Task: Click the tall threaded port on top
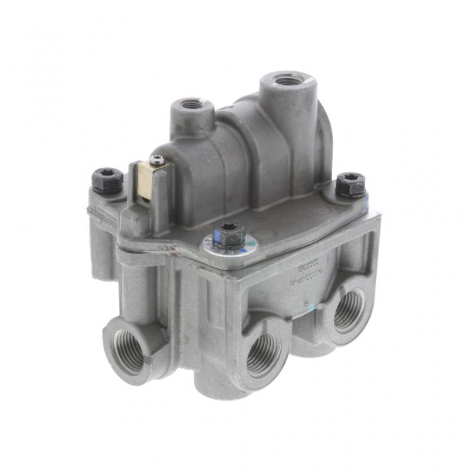[288, 79]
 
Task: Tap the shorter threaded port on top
[192, 105]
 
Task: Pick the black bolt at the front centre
[228, 233]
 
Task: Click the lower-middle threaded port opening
[263, 355]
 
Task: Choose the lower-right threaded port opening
[349, 311]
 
